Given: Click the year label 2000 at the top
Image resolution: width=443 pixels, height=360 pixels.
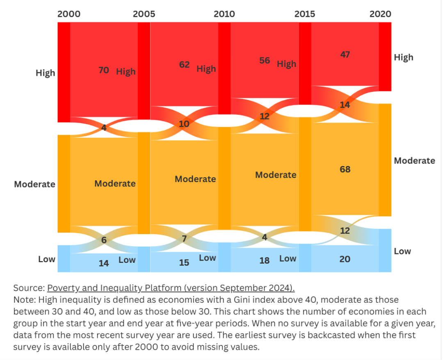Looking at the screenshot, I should pyautogui.click(x=69, y=14).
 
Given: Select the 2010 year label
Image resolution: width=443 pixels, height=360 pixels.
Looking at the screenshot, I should pyautogui.click(x=224, y=14).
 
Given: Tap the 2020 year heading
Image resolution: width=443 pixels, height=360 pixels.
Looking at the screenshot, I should pyautogui.click(x=380, y=14).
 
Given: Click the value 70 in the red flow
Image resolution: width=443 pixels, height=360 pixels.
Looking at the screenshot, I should pyautogui.click(x=104, y=70).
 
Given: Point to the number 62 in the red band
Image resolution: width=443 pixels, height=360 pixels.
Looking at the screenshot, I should pyautogui.click(x=184, y=64).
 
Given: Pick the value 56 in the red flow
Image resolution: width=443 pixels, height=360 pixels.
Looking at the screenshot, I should pyautogui.click(x=265, y=60).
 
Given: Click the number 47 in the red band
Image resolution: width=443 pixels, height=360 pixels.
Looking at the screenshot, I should pyautogui.click(x=345, y=54).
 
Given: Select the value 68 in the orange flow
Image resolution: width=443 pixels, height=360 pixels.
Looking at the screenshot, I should pyautogui.click(x=345, y=169).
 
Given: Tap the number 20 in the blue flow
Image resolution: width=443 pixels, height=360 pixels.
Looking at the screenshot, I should pyautogui.click(x=345, y=259).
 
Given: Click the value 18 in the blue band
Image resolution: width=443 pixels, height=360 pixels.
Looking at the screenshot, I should pyautogui.click(x=265, y=260).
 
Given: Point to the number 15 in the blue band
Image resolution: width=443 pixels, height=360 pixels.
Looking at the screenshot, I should pyautogui.click(x=184, y=262).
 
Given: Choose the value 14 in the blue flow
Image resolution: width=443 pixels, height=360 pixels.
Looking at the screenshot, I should pyautogui.click(x=104, y=263).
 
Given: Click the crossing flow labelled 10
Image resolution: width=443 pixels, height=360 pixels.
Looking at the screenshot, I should pyautogui.click(x=184, y=123).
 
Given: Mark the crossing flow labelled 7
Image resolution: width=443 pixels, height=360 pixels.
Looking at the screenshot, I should pyautogui.click(x=184, y=239).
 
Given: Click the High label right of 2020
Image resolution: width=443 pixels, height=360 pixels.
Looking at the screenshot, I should pyautogui.click(x=404, y=57).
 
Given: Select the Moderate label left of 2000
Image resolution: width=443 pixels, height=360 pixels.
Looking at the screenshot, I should pyautogui.click(x=34, y=184).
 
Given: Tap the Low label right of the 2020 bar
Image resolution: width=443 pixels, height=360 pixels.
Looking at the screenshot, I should pyautogui.click(x=402, y=251).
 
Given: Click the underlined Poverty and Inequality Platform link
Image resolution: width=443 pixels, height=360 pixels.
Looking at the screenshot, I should pyautogui.click(x=171, y=288).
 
